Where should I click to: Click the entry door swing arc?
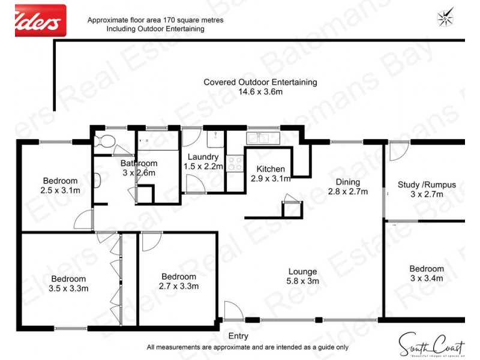[x=233, y=310]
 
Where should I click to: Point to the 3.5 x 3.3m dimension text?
[x=68, y=288]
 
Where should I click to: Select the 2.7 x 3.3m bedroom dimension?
[x=178, y=286]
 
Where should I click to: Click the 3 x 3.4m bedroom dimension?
[x=427, y=278]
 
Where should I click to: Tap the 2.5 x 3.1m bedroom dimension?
[x=60, y=190]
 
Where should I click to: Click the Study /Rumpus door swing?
[x=398, y=151]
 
